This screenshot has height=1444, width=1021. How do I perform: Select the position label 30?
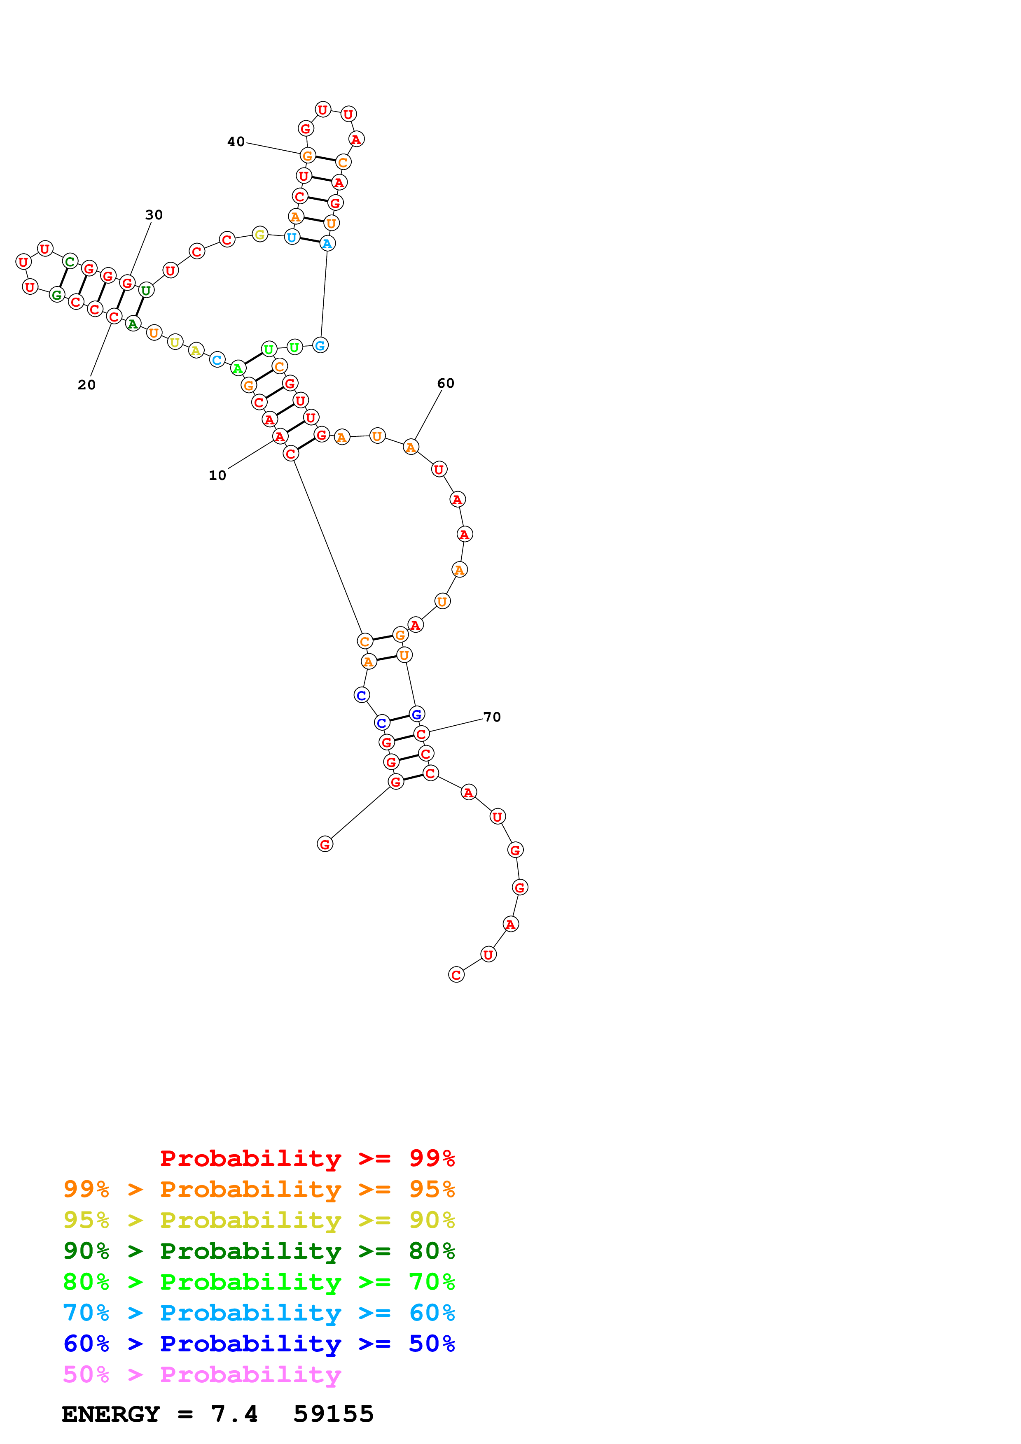pos(154,215)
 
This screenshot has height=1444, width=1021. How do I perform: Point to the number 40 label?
pos(236,142)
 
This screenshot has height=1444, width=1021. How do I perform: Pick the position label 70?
pos(492,717)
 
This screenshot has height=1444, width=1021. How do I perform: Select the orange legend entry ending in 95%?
pos(259,1189)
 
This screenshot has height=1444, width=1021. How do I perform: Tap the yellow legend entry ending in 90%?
pos(259,1220)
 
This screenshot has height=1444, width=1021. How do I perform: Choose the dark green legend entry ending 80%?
pos(259,1251)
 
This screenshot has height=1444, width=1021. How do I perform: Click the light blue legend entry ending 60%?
pos(259,1313)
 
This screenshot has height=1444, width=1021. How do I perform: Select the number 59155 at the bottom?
pos(334,1414)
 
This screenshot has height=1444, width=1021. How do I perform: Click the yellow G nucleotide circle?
pos(260,235)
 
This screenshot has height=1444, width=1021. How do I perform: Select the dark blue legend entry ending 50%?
pos(259,1344)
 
